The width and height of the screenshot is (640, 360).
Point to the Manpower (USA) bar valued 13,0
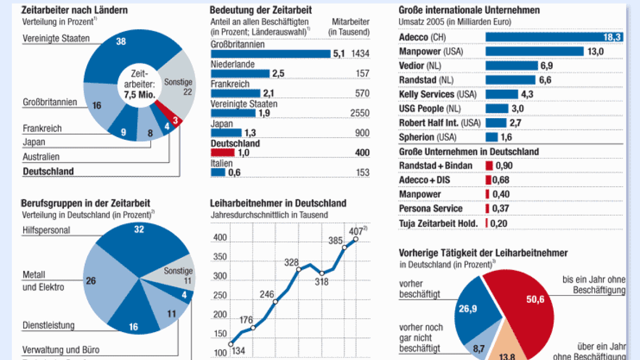pos(535,52)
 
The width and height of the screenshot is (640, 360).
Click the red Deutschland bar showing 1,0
pos(222,153)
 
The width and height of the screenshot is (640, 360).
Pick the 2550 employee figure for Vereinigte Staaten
pos(360,113)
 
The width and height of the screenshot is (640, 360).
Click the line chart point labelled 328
pos(298,269)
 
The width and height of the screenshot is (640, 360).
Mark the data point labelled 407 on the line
pos(356,239)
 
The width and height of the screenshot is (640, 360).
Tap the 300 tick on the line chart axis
pos(220,276)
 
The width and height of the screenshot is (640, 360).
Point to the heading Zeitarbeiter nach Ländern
pos(74,10)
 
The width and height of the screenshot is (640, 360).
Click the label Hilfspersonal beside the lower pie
pos(46,230)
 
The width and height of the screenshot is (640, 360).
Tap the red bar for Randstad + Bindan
pos(489,166)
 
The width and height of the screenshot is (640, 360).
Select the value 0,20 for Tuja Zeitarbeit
pos(498,223)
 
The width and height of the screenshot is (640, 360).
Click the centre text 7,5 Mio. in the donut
pos(139,94)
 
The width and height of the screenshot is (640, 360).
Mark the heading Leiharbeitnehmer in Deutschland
pos(278,203)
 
